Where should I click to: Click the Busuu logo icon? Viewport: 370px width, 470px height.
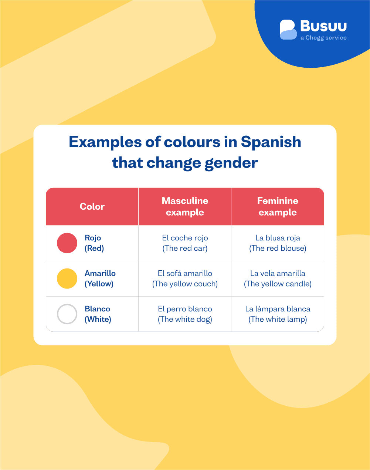(288, 30)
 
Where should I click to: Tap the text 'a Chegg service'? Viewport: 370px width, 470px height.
(323, 38)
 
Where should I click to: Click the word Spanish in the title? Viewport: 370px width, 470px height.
(271, 142)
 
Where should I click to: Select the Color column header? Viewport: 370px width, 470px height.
(92, 206)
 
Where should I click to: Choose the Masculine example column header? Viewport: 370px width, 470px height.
(185, 206)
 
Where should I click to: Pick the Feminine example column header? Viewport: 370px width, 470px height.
(278, 206)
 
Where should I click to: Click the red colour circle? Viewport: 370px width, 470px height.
(67, 243)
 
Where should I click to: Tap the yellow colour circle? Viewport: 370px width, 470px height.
(67, 278)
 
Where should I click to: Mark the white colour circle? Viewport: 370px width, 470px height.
(67, 314)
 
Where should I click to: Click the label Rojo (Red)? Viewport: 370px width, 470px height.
(94, 243)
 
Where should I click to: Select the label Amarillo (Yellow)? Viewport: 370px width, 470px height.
(100, 278)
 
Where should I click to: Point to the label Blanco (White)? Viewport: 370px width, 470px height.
(98, 314)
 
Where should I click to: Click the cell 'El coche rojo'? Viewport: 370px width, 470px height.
(185, 243)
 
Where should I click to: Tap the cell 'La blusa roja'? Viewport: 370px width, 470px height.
(278, 243)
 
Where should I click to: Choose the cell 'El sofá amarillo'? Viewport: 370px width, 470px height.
(185, 278)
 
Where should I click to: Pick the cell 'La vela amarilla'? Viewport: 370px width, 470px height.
(278, 278)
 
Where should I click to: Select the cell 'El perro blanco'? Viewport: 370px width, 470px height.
(185, 314)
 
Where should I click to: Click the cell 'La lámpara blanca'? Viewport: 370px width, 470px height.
(278, 314)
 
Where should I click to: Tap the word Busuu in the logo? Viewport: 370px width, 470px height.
(323, 26)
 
